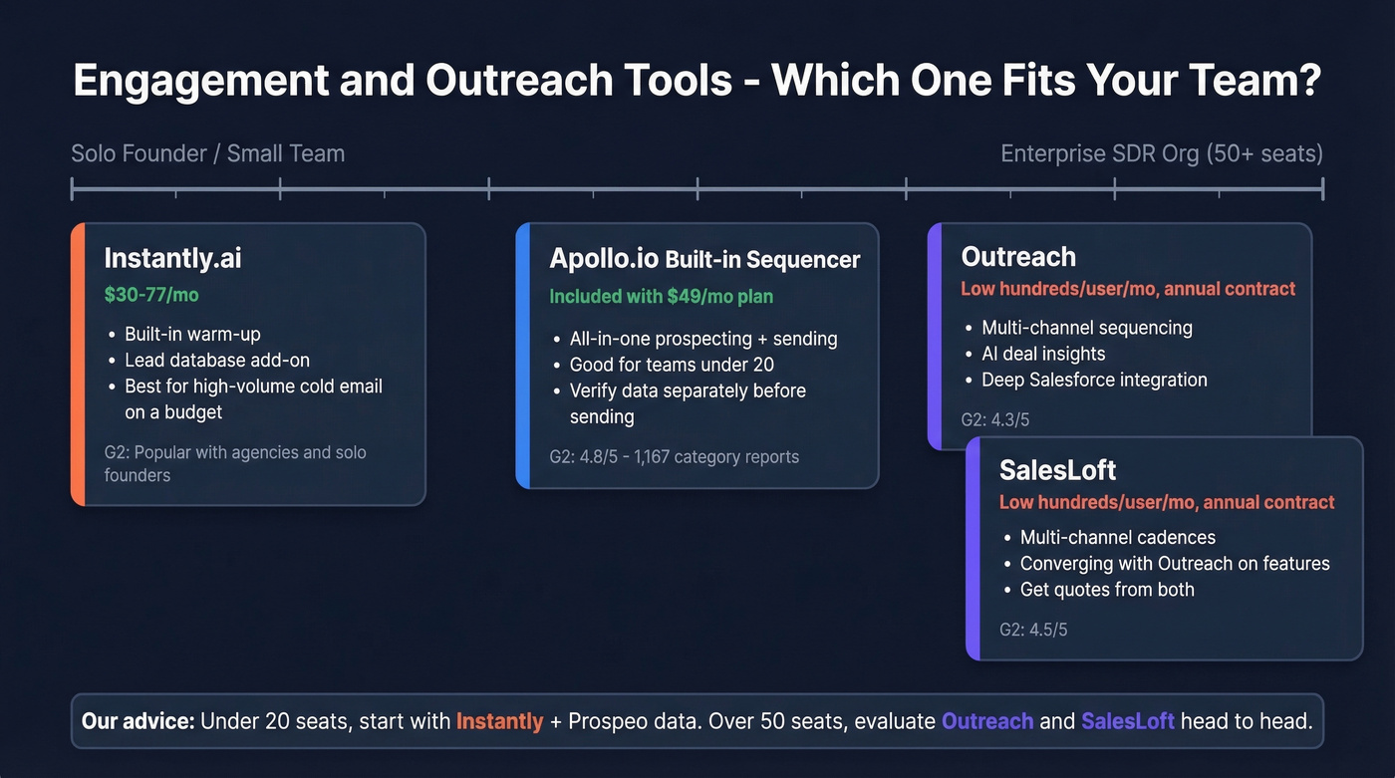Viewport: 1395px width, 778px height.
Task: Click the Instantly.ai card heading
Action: point(172,258)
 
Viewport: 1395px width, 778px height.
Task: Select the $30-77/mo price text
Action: point(151,295)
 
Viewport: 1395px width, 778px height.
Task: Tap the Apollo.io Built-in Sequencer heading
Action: point(704,259)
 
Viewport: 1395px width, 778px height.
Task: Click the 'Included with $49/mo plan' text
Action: point(661,296)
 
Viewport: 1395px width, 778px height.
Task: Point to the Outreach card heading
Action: point(1018,257)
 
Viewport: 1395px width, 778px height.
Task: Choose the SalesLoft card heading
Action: point(1058,469)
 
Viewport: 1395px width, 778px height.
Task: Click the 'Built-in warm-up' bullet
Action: point(192,334)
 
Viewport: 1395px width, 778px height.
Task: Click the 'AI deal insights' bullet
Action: point(1043,354)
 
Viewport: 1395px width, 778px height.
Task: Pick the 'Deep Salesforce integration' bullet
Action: point(1094,380)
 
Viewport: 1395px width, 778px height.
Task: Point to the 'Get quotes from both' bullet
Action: point(1106,589)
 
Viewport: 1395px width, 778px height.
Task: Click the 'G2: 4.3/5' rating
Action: point(994,419)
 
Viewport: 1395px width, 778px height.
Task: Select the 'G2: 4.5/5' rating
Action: point(1033,630)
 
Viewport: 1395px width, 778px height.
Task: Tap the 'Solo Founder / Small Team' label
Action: point(208,153)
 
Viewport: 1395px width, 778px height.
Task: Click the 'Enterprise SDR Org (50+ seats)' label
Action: point(1161,153)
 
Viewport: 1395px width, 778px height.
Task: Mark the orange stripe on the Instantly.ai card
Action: point(77,365)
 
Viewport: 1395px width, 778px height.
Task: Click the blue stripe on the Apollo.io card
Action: point(522,356)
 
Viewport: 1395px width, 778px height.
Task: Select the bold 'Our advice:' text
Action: point(138,720)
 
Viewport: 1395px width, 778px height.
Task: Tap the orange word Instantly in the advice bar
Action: point(499,720)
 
